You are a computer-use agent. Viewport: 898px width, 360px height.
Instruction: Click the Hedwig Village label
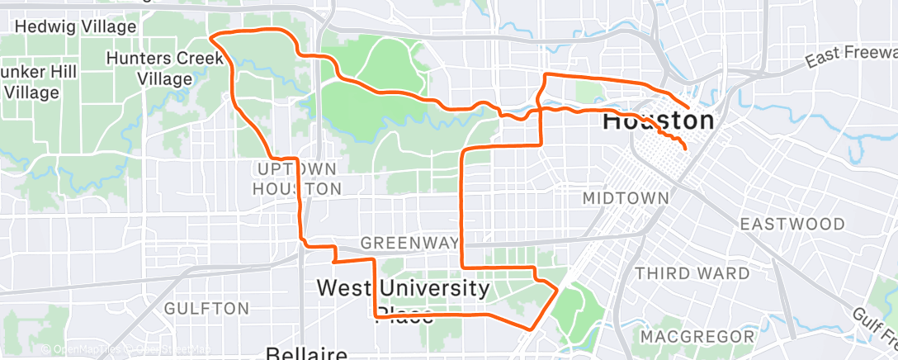click(75, 26)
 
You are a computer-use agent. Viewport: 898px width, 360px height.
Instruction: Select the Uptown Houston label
click(295, 178)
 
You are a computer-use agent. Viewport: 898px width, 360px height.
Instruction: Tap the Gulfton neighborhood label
click(206, 309)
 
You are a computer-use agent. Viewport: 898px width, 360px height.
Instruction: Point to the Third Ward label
click(692, 273)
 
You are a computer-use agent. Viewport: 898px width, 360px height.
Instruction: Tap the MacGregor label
click(697, 337)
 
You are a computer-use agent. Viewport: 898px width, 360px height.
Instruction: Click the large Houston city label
click(658, 121)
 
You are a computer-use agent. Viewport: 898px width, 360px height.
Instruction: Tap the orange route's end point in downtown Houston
click(685, 149)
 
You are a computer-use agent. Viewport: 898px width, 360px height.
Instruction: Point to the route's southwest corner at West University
click(376, 315)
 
